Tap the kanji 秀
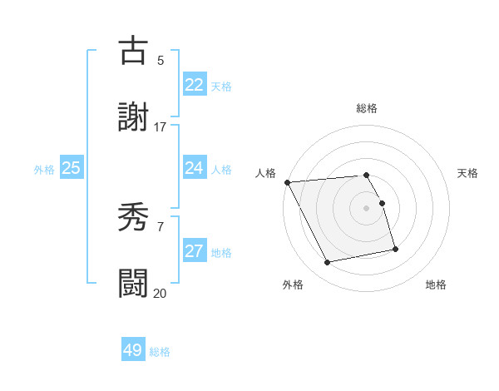pos(134,219)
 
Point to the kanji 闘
pos(134,283)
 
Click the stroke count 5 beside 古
pos(161,60)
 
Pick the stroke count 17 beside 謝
pos(160,126)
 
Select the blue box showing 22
pos(194,85)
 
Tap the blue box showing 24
pos(194,168)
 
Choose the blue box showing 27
pos(194,251)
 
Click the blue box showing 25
pos(71,168)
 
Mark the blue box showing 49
pos(133,350)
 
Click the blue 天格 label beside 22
pos(220,87)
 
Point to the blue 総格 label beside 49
pos(160,352)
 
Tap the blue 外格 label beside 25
pos(44,170)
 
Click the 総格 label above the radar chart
pos(367,108)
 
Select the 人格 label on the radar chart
pos(265,173)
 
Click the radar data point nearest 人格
pos(287,182)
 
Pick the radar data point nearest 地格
pos(395,249)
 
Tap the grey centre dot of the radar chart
pos(367,207)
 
